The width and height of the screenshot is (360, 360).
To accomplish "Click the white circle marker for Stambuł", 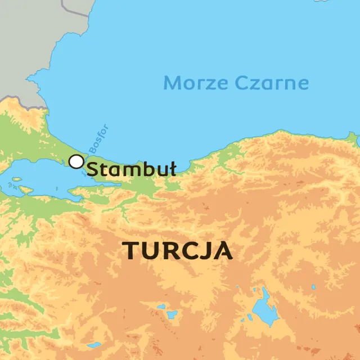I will pyautogui.click(x=76, y=161).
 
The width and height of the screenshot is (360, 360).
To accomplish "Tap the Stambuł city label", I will pyautogui.click(x=132, y=169).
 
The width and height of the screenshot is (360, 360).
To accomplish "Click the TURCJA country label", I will pyautogui.click(x=177, y=250).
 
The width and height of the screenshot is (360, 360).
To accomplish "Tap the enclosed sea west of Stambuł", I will pyautogui.click(x=39, y=174).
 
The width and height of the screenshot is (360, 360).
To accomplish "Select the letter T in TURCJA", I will pyautogui.click(x=130, y=250).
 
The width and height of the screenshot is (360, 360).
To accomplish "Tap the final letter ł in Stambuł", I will pyautogui.click(x=173, y=168).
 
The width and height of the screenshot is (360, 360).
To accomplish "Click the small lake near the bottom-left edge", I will pyautogui.click(x=93, y=344).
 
